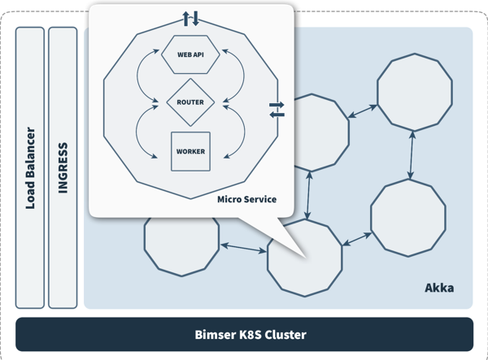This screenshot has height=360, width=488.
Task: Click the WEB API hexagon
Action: click(190, 55)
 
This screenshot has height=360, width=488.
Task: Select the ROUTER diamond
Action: click(190, 102)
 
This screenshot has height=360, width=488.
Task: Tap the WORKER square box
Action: click(190, 151)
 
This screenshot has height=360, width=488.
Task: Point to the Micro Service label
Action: click(246, 199)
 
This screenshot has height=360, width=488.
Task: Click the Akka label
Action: click(439, 288)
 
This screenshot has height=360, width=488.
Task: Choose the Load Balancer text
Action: click(30, 167)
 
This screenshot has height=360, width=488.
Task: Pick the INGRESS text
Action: click(63, 167)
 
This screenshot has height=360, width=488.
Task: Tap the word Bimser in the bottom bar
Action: click(213, 334)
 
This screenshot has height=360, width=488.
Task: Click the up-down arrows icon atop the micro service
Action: click(190, 18)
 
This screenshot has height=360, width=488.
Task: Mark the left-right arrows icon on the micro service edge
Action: click(277, 110)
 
